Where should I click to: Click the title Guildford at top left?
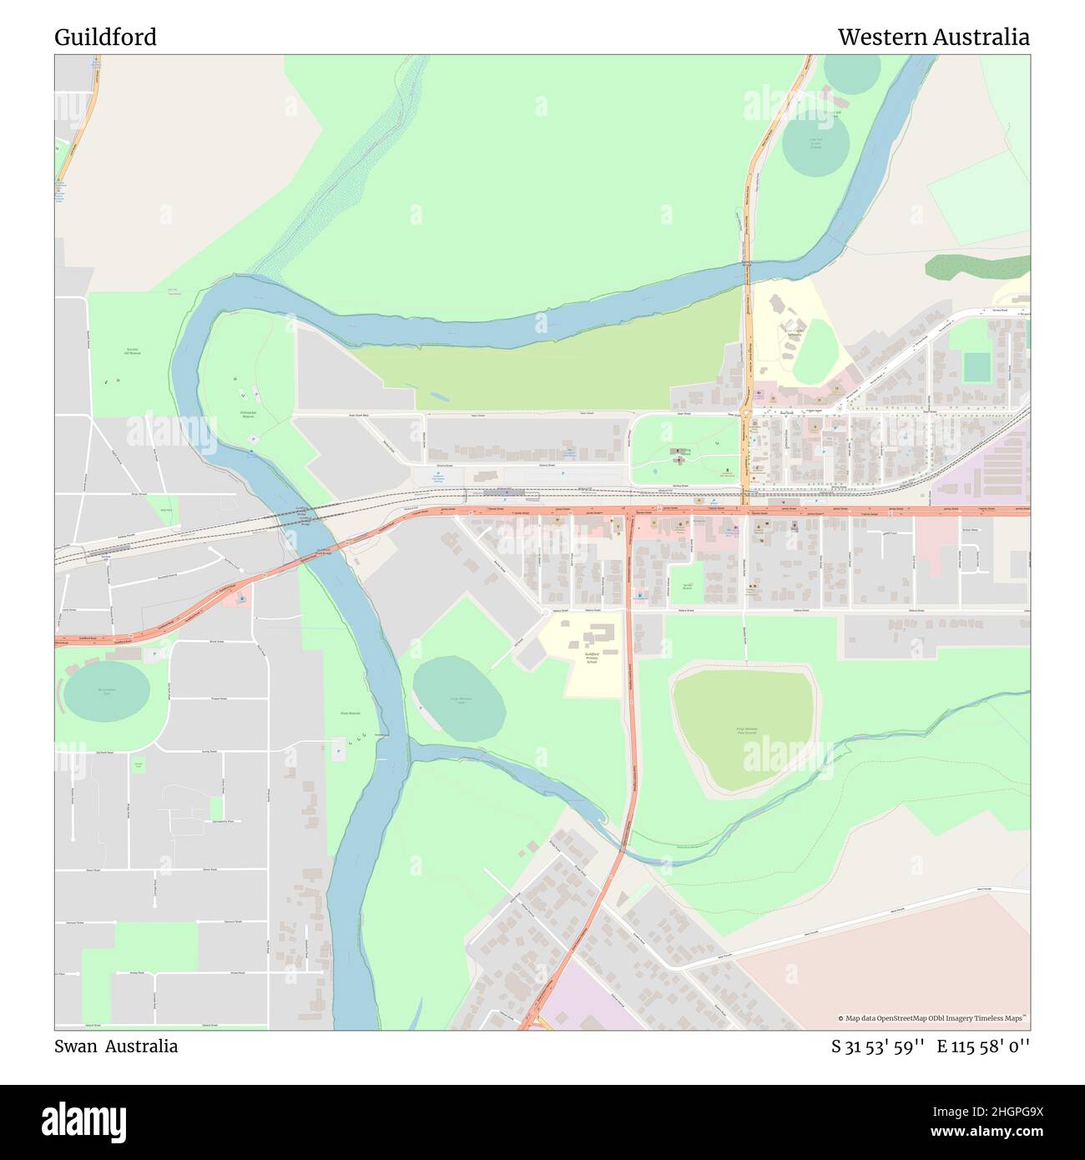pos(105,38)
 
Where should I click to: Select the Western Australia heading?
pos(933,38)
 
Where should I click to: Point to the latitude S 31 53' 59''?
pos(877,1047)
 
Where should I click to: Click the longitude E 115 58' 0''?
pos(983,1047)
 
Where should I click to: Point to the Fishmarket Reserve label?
pos(248,413)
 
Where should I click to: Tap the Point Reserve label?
pos(351,714)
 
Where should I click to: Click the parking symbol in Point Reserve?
pos(338,750)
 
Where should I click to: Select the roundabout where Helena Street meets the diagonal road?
pos(544,611)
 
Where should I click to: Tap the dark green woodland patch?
pos(976,267)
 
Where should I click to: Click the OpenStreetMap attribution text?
pos(932,1018)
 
